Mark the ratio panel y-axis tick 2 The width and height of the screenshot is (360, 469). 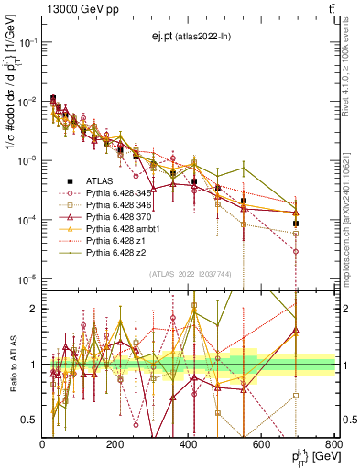[34, 309]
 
